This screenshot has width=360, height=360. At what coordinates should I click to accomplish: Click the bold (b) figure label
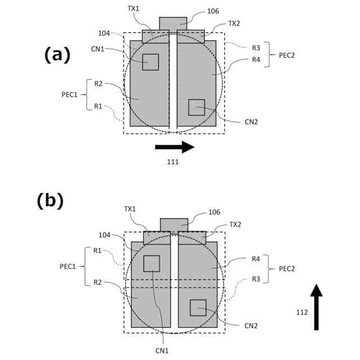click(x=50, y=201)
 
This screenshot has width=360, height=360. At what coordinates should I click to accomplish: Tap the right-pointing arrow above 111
click(x=174, y=147)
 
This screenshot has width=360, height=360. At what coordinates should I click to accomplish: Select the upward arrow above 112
click(x=317, y=307)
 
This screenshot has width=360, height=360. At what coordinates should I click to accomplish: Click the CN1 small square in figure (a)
click(x=150, y=62)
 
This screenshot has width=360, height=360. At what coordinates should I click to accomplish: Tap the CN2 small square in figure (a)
click(x=196, y=107)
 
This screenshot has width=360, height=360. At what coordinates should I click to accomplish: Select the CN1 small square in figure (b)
click(x=152, y=263)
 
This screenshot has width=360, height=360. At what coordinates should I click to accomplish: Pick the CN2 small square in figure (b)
click(x=198, y=308)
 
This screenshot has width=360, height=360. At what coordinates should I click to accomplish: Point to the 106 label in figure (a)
click(x=213, y=11)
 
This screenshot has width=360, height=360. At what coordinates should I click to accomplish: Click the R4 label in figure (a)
click(x=255, y=59)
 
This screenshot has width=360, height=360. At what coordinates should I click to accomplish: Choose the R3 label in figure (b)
click(x=256, y=278)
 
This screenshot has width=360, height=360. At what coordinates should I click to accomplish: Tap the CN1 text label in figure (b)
click(x=162, y=350)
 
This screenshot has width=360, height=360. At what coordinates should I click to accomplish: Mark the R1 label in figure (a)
click(x=98, y=106)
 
